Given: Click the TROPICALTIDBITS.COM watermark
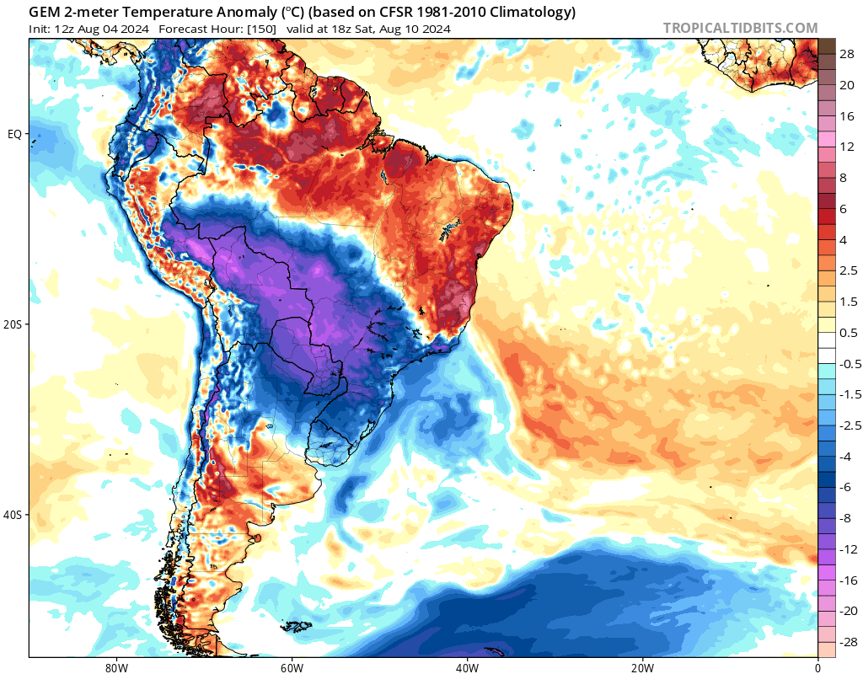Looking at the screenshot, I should coord(740,28).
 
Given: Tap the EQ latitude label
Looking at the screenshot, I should coord(14,134).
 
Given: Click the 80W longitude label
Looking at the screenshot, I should coord(116,667).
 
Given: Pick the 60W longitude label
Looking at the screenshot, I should coord(292,667).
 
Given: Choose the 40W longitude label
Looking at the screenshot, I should coord(467,667).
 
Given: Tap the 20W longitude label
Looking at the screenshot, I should coord(642,667).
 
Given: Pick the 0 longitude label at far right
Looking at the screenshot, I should coord(817,667).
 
